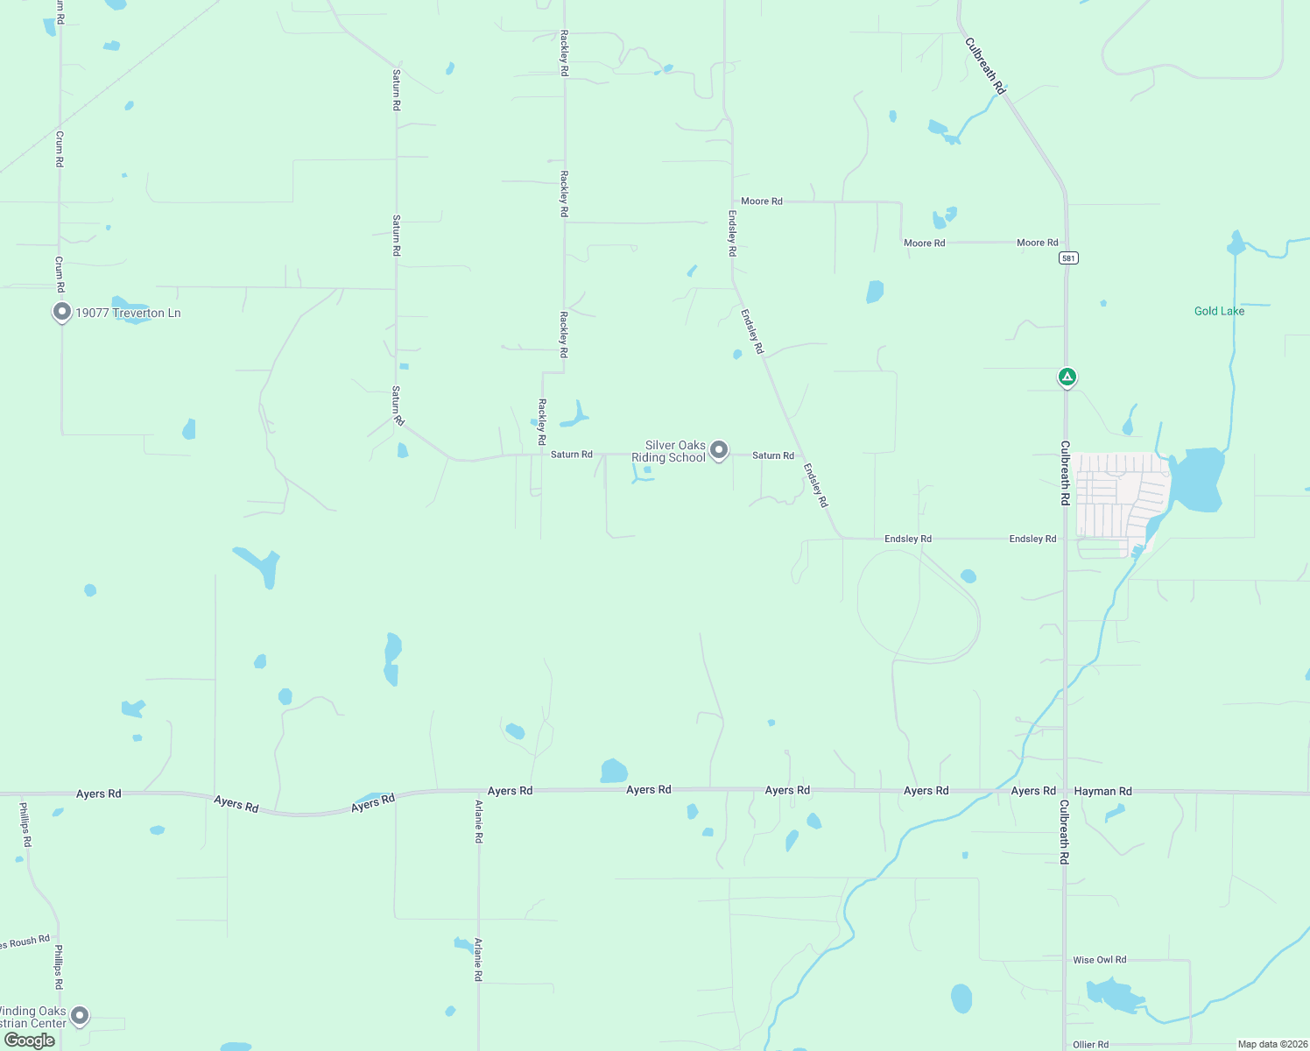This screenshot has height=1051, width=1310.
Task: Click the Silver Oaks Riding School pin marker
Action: point(719,449)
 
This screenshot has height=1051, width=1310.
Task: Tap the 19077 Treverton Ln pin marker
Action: point(61,311)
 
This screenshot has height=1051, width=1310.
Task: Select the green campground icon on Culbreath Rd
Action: point(1067,377)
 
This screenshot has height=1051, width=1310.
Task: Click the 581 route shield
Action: point(1067,257)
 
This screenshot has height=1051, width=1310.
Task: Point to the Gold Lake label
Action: point(1219,311)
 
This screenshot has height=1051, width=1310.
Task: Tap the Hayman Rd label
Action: point(1102,791)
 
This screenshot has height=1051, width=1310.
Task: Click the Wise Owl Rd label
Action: point(1100,960)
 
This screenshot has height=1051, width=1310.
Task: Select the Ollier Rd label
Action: point(1091,1044)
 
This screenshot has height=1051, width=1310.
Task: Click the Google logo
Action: point(30,1040)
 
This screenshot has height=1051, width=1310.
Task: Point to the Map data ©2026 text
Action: point(1272,1044)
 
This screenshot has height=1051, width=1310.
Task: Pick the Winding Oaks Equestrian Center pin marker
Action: point(80,1015)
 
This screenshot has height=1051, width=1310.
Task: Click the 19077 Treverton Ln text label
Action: point(128,313)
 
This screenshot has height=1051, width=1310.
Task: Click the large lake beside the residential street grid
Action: point(1198,479)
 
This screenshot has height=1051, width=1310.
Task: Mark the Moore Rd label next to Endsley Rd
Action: point(762,201)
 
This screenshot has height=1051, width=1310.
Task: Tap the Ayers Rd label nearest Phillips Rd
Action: point(98,794)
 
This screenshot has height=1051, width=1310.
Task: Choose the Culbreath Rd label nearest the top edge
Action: point(985,66)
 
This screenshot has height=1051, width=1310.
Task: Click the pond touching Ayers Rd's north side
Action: point(613,772)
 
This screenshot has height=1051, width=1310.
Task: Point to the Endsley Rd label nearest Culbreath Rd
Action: point(1032,539)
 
